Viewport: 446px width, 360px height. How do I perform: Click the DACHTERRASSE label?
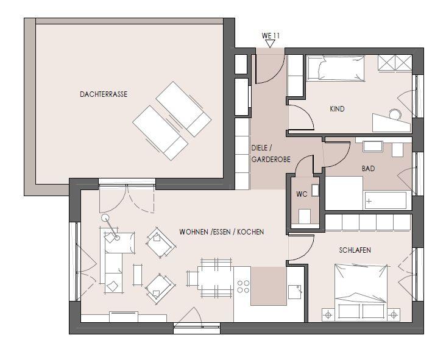coord(104,94)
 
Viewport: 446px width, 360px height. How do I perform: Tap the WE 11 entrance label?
coord(271,36)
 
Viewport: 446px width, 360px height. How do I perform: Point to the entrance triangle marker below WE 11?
coord(270,43)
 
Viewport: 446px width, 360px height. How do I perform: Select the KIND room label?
coord(337,109)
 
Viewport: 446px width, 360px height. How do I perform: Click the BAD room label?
coord(369,169)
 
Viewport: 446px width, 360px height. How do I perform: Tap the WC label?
coord(302,194)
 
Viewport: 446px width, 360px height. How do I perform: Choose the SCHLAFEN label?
coord(355,250)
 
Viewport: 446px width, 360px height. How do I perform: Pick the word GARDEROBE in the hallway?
coord(271,160)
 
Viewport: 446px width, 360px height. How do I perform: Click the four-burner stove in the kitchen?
coord(244,287)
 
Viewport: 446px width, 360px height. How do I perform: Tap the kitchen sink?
coord(295,292)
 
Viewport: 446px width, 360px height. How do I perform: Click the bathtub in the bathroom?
coord(386,200)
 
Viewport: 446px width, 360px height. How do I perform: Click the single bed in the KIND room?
coord(335,68)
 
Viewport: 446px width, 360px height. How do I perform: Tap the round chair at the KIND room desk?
coord(395,115)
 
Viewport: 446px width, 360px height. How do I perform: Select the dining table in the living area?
coord(216,278)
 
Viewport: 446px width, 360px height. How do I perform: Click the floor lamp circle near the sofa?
coord(105,218)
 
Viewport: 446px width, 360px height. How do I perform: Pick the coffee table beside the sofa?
coord(138,275)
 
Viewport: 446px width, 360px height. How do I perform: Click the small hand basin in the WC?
coord(315,191)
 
